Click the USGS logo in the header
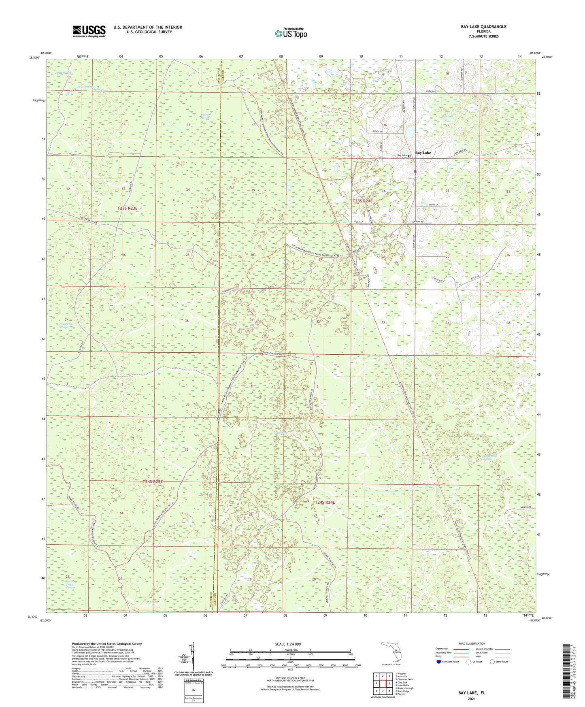pyautogui.click(x=89, y=31)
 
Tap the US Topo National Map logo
pyautogui.click(x=290, y=33)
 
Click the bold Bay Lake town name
pyautogui.click(x=423, y=153)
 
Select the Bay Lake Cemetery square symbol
pyautogui.click(x=409, y=155)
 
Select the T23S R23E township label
pyautogui.click(x=128, y=208)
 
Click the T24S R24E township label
pyautogui.click(x=325, y=502)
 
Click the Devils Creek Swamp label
pyautogui.click(x=71, y=585)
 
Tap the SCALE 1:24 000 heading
pyautogui.click(x=287, y=644)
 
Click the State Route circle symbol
pyautogui.click(x=492, y=662)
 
